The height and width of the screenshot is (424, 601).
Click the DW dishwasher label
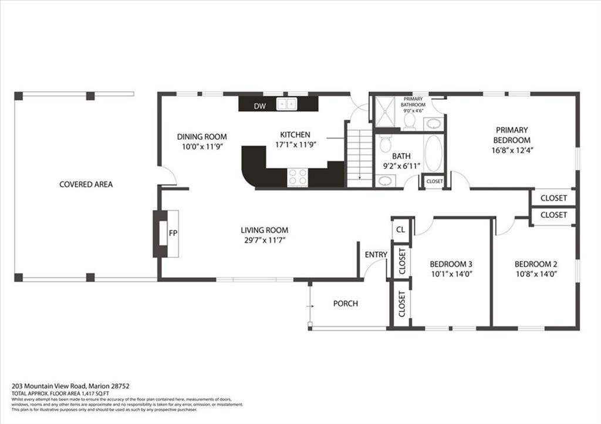pos(259,106)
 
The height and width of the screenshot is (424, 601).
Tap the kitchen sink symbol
pos(286,104)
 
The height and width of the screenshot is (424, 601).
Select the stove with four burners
pos(298,177)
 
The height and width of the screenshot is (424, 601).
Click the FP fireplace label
pos(173,233)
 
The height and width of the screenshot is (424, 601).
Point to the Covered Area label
pos(86,184)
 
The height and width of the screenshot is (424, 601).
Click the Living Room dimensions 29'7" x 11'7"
pos(264,240)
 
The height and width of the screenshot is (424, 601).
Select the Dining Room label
pos(202,136)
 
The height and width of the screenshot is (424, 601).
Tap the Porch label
pos(345,304)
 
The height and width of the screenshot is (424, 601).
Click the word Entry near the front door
pos(376,254)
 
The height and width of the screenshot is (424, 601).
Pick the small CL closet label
pos(400,230)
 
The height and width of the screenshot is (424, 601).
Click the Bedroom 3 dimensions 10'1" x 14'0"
pos(451,274)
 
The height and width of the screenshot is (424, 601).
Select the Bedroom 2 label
pos(535,264)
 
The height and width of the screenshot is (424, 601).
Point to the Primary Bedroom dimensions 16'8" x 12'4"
pos(512,150)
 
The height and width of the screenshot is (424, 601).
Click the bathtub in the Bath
pos(433,153)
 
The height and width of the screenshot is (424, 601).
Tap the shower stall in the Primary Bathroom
pos(384,111)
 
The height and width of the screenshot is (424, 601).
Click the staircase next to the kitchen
pos(360,157)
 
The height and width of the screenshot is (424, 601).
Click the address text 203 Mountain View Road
pos(50,386)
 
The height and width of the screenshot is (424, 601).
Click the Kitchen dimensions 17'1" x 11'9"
pos(296,145)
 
